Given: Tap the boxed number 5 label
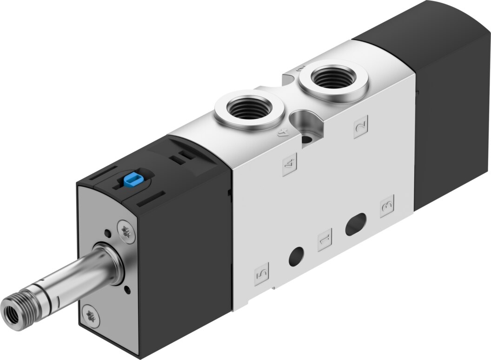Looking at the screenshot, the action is point(262,274).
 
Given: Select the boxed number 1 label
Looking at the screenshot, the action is point(325,240).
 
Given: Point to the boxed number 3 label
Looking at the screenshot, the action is point(387,206).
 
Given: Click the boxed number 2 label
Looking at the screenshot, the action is point(361,127).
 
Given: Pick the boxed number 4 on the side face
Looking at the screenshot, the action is point(290,165).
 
